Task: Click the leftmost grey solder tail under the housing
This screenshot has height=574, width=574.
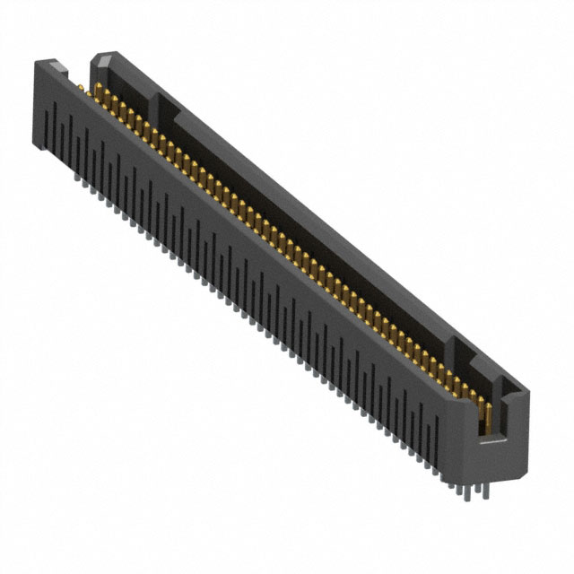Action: coord(75,177)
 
